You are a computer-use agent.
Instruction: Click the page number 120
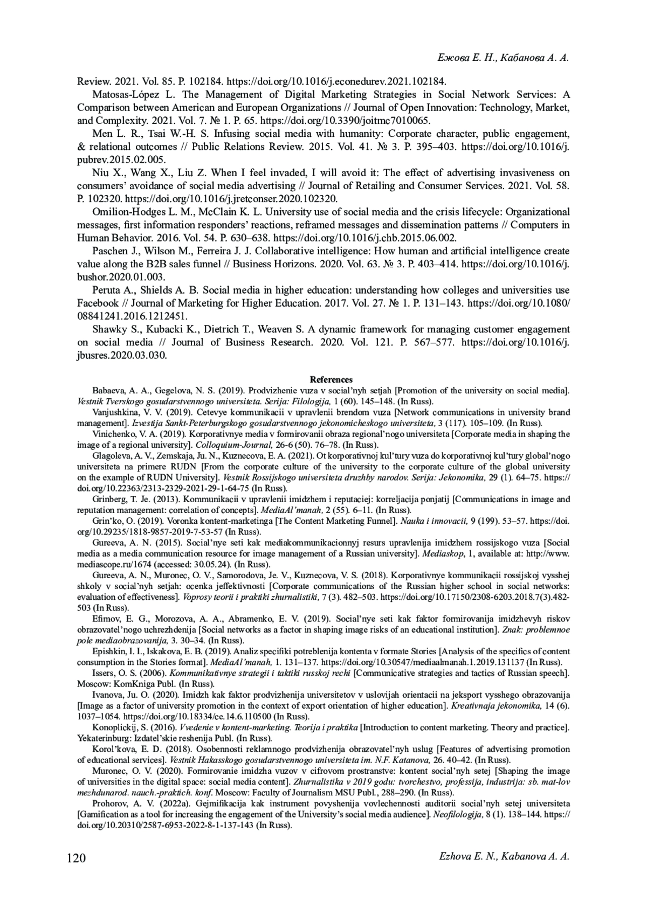click(x=76, y=857)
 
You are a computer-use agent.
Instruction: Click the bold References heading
click(x=331, y=380)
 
